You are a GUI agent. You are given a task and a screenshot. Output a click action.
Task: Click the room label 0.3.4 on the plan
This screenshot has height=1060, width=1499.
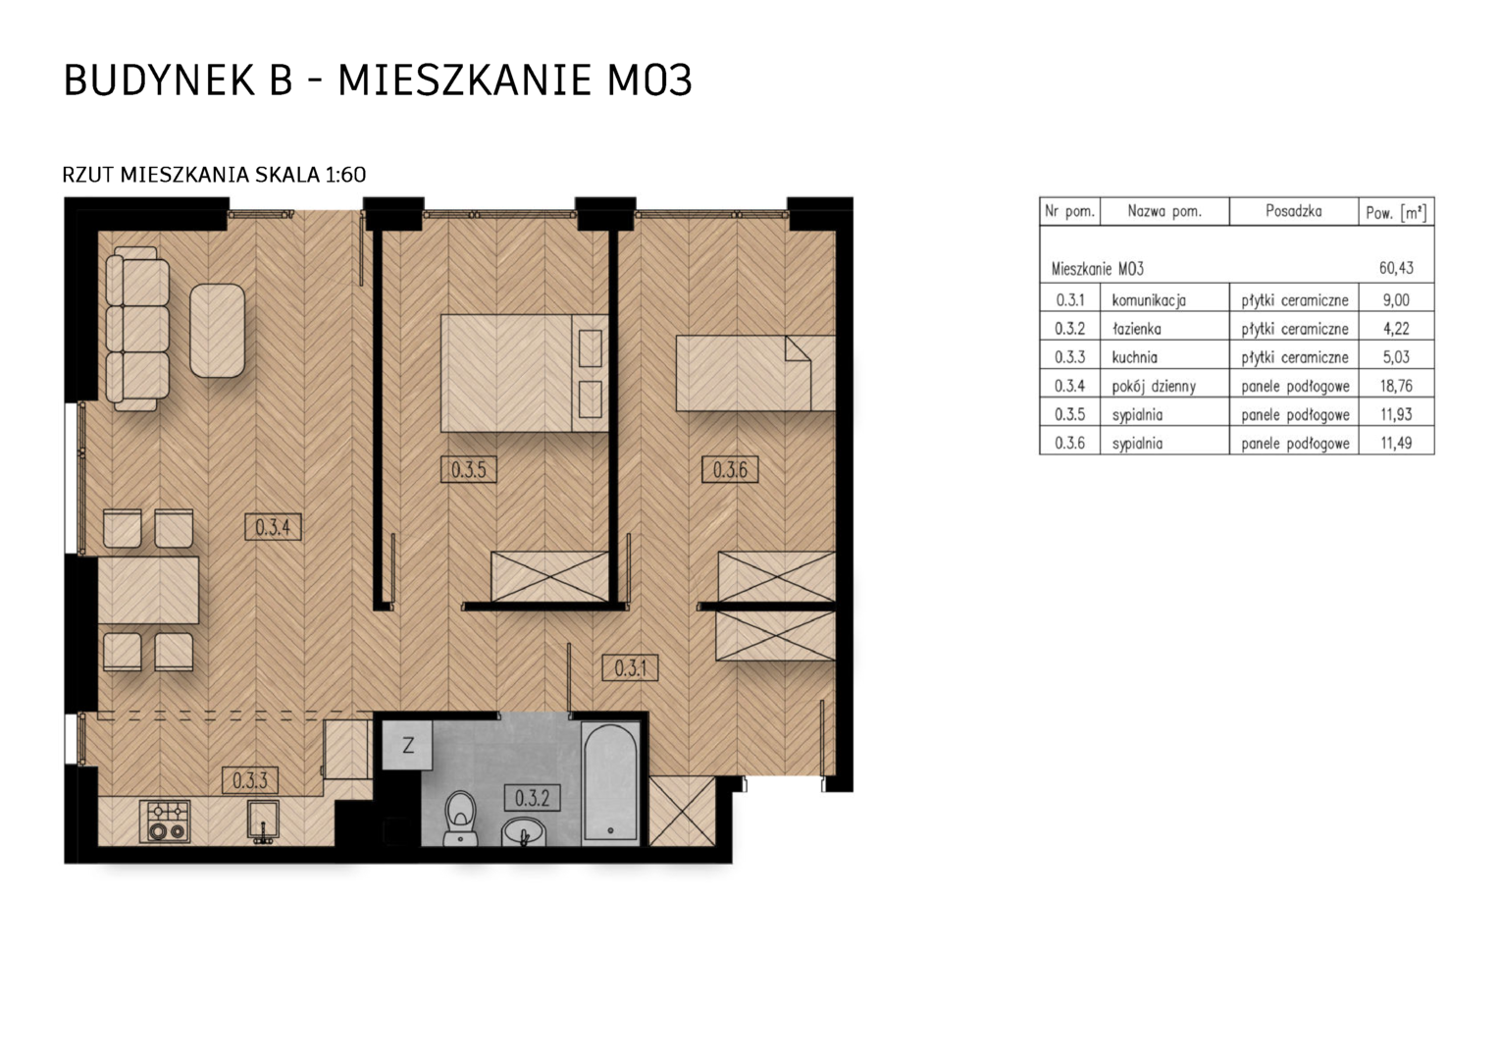273,527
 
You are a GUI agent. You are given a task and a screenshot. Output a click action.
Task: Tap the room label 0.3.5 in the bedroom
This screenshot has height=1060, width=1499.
469,469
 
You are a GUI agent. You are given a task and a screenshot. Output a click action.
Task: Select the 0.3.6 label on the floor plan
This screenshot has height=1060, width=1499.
730,469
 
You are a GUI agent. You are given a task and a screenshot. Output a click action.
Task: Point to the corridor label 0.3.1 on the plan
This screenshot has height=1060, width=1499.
631,667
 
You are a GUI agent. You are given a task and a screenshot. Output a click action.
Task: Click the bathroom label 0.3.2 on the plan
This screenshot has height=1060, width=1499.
532,798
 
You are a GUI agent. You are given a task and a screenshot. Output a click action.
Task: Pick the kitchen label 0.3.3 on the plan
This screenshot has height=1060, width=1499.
250,780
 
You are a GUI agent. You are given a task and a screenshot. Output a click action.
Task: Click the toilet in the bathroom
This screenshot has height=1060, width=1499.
460,819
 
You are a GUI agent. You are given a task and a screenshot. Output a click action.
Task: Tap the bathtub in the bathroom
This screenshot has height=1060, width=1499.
610,781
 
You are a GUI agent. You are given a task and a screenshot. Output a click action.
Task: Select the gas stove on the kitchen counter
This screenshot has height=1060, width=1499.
165,821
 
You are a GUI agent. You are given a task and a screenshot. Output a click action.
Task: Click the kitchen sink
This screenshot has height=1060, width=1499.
263,821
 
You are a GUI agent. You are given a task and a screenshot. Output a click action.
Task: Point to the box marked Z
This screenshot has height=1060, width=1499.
407,745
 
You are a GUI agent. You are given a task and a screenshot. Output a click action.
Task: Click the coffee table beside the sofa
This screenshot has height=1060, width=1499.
217,331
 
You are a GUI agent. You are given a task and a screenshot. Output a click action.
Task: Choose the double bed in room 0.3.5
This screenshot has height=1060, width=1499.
524,373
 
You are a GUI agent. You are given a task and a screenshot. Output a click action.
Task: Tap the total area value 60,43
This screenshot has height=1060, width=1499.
1396,268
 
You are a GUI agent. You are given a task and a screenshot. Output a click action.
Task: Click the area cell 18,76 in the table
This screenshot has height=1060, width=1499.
1396,386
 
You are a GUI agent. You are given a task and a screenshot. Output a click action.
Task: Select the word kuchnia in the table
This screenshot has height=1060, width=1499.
1134,357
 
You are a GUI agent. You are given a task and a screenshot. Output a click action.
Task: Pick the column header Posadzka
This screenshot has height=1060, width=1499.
1294,211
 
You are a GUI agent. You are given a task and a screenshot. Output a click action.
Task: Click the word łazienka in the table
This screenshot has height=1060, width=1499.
1136,328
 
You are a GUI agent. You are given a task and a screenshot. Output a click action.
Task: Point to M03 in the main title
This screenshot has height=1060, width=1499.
648,80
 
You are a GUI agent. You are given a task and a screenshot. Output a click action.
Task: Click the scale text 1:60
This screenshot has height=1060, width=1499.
345,175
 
